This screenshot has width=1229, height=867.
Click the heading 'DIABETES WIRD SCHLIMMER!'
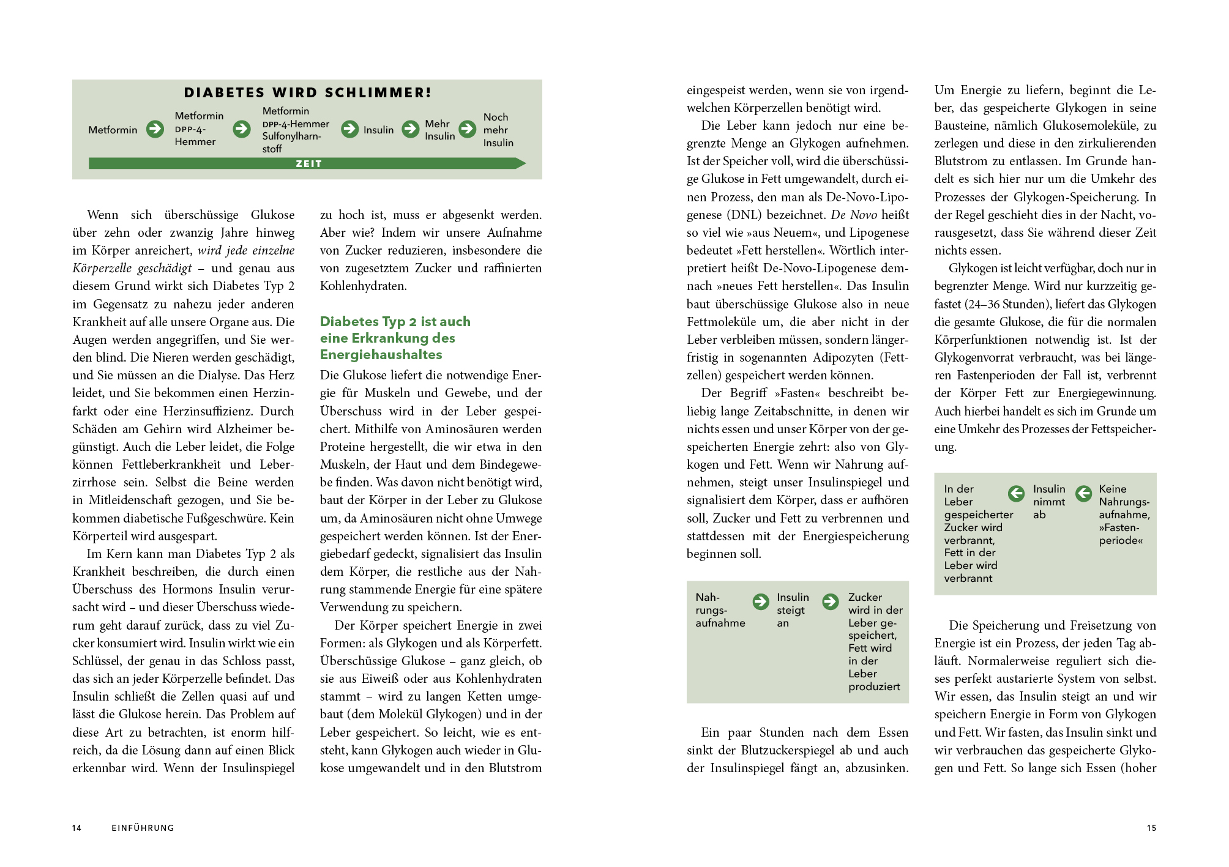point(308,92)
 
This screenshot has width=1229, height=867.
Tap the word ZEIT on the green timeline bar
point(308,163)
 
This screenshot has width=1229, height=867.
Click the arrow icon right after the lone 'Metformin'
point(155,129)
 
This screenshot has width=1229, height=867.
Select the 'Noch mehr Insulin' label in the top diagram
point(498,130)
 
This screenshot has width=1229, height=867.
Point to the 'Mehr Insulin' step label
point(439,130)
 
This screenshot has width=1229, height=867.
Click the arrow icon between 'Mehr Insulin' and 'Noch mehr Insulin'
point(468,129)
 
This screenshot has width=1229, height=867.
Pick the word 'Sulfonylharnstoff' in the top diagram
point(291,142)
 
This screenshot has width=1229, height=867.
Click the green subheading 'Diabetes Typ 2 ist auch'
point(395,321)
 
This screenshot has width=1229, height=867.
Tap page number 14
point(77,828)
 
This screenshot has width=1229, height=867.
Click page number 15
point(1151,828)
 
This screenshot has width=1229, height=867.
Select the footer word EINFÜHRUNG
point(143,828)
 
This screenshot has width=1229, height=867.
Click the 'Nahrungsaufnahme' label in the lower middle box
point(720,610)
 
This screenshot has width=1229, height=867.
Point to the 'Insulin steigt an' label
point(792,610)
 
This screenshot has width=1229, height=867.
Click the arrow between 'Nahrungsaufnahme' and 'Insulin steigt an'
point(761,601)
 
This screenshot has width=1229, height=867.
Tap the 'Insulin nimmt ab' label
point(1048,502)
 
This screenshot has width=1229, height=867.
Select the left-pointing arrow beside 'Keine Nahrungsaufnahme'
point(1083,493)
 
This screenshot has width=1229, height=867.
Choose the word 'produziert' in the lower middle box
point(874,687)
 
